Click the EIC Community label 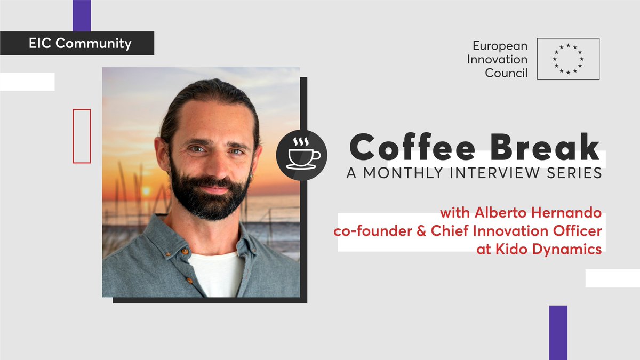point(80,43)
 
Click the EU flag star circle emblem point(568,59)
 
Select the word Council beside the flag point(506,73)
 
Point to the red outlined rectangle point(82,135)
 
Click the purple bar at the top point(82,15)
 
